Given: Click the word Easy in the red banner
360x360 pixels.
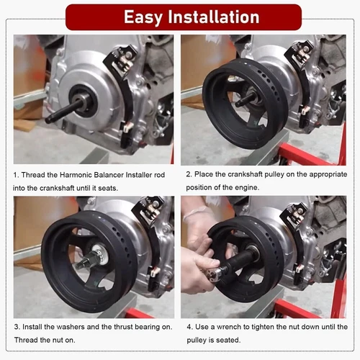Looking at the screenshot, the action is click(x=143, y=17).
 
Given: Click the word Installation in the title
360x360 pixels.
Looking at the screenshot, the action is click(x=214, y=17).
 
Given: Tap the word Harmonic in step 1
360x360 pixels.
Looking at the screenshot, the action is click(x=76, y=175).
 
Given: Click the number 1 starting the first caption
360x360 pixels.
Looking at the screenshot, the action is click(x=16, y=175).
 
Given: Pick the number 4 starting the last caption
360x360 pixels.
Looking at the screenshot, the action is click(x=189, y=327).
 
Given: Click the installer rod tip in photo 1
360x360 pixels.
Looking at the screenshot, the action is click(x=48, y=120).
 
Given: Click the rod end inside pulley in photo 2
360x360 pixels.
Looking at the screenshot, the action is click(x=240, y=104).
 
